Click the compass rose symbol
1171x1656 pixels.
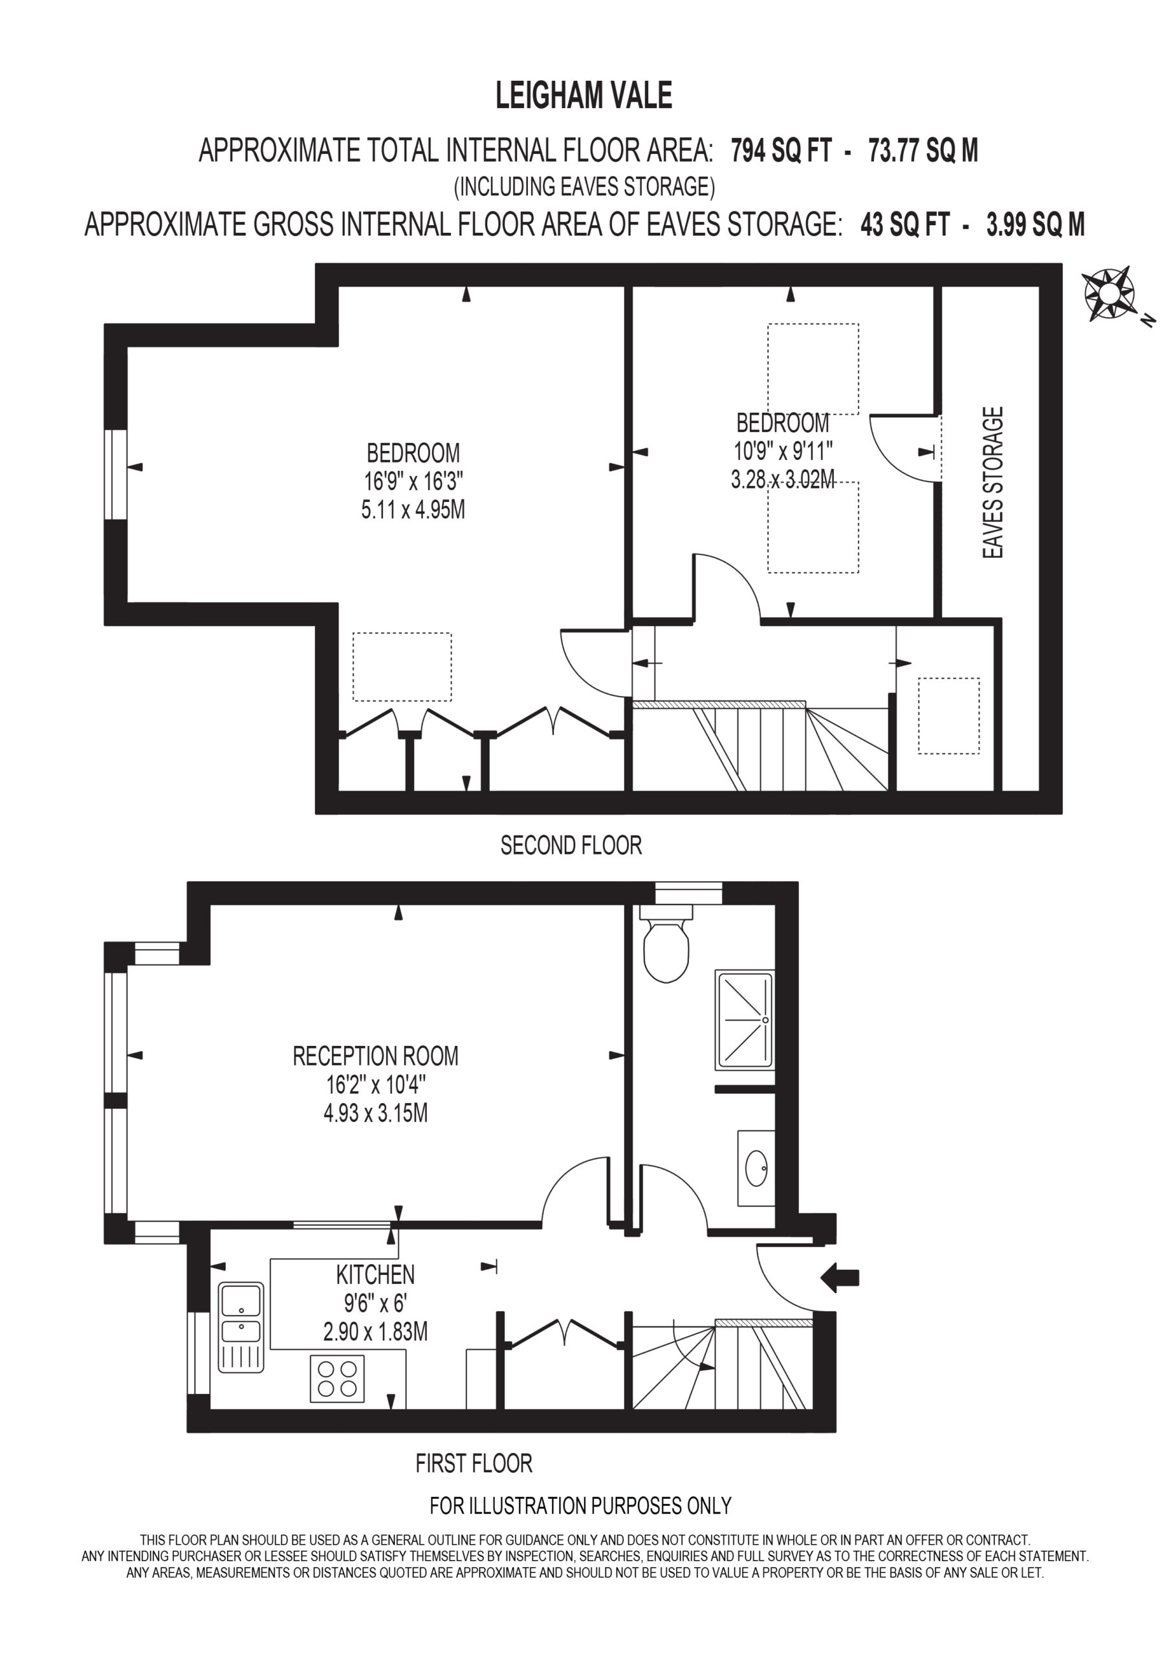point(1109,294)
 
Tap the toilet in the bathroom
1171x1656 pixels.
point(666,945)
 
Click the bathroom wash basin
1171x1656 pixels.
point(756,1168)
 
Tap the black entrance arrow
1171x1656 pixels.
point(840,1278)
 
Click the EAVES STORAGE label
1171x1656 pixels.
point(994,483)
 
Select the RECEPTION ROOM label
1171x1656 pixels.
point(375,1056)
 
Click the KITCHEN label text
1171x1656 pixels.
point(375,1274)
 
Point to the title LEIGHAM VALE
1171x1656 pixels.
point(584,95)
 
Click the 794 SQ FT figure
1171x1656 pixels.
point(782,151)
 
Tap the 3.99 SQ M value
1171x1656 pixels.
point(1035,224)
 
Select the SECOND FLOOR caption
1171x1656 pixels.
point(571,845)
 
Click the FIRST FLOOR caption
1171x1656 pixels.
point(474,1463)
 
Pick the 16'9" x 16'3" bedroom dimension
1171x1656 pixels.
point(413,481)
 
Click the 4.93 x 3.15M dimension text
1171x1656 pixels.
point(376,1113)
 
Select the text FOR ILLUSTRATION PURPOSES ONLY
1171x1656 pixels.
point(581,1506)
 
